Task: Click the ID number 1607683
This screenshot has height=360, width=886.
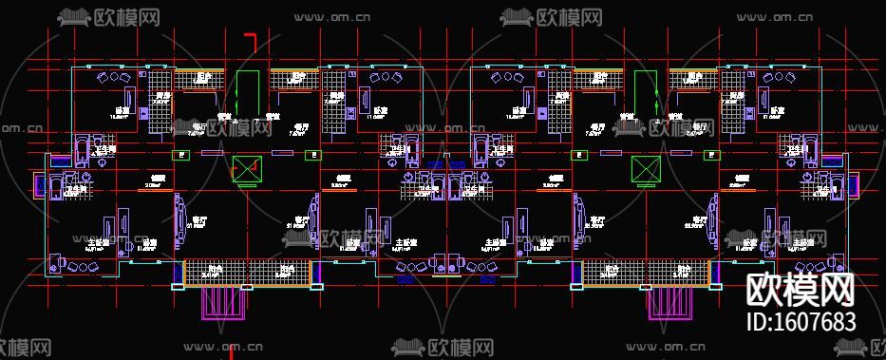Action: coord(802,322)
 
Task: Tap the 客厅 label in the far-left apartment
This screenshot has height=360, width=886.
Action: coord(198,219)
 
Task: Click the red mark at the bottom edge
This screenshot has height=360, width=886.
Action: coord(231,351)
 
